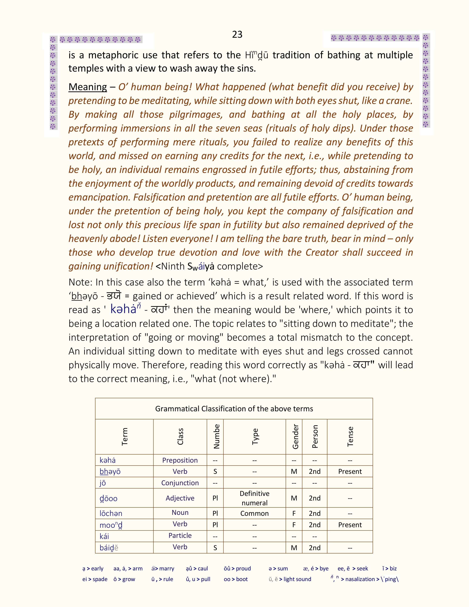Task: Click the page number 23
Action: pyautogui.click(x=237, y=34)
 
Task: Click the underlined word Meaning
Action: pyautogui.click(x=88, y=87)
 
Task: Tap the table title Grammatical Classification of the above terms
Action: pyautogui.click(x=234, y=409)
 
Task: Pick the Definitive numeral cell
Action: pyautogui.click(x=255, y=498)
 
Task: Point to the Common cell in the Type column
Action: pyautogui.click(x=255, y=513)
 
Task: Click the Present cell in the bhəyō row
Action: pyautogui.click(x=350, y=471)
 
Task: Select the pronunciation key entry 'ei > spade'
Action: pyautogui.click(x=95, y=579)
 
